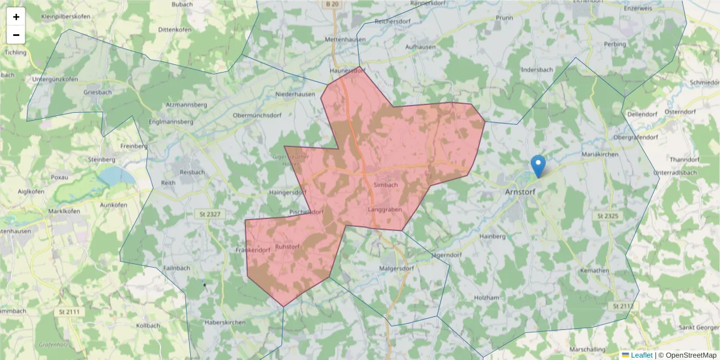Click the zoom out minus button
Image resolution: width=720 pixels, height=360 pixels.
tap(16, 35)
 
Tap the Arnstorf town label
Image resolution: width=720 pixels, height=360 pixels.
tap(521, 192)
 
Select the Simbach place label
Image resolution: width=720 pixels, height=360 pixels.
tap(385, 185)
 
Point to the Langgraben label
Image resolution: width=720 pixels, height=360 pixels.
tap(385, 209)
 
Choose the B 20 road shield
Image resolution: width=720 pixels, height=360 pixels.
tap(333, 4)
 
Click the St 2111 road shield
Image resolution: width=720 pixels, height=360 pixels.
tap(70, 312)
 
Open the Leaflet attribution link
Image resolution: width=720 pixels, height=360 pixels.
tap(641, 355)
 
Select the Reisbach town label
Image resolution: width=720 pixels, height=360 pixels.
tap(192, 172)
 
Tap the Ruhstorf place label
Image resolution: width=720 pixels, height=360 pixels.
tap(287, 247)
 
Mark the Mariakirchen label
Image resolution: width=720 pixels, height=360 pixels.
tap(600, 155)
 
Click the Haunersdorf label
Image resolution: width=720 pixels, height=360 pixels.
tap(347, 71)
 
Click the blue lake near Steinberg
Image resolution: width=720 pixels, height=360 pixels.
tap(117, 176)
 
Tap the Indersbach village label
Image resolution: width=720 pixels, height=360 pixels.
tap(537, 70)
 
